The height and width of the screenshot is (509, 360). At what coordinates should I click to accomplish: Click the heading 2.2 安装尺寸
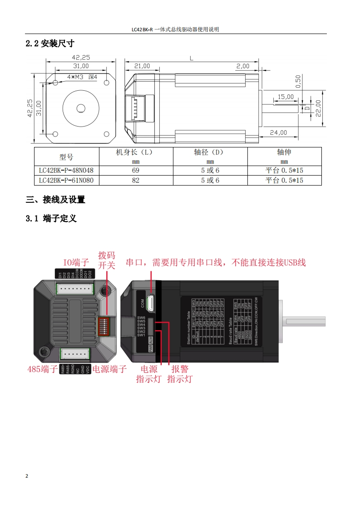[x=50, y=44]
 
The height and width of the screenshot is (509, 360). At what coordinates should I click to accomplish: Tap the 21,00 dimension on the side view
[x=142, y=66]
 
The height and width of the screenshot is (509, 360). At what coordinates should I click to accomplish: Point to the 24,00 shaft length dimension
[x=279, y=132]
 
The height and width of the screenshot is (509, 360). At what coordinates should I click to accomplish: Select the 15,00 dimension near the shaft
[x=286, y=97]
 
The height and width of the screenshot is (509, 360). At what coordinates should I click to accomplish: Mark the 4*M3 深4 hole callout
[x=82, y=77]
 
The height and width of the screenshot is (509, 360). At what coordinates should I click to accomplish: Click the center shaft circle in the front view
[x=81, y=108]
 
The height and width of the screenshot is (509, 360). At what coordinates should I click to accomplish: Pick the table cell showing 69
[x=136, y=171]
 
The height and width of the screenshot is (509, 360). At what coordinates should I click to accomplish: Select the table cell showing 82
[x=136, y=180]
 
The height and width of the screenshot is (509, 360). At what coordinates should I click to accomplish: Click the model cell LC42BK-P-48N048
[x=66, y=171]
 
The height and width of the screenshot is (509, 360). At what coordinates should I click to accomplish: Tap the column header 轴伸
[x=284, y=152]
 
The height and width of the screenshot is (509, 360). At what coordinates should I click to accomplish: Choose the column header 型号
[x=66, y=157]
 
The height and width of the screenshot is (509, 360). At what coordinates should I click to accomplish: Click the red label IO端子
[x=76, y=262]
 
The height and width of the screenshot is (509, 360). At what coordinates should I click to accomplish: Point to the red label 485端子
[x=42, y=369]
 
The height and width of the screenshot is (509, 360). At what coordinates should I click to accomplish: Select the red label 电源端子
[x=109, y=369]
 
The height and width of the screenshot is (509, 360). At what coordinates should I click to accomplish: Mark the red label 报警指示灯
[x=180, y=374]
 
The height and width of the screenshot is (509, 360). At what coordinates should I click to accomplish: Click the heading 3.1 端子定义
[x=51, y=219]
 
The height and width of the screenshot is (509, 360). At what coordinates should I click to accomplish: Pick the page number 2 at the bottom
[x=27, y=476]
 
